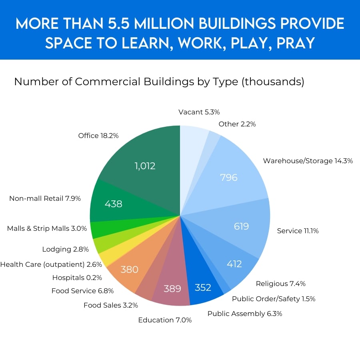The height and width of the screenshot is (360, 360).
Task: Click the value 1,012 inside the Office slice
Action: pos(145,166)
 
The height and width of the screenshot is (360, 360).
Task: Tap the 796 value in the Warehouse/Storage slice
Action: pos(229,177)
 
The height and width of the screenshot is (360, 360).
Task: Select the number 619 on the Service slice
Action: pos(241,226)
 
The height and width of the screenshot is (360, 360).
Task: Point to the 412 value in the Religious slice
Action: pos(234,264)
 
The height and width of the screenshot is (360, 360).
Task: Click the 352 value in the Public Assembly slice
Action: pos(203,288)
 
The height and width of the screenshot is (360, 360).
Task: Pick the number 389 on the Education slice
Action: pos(172,288)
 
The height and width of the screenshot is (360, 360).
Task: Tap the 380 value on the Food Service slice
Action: pos(129,270)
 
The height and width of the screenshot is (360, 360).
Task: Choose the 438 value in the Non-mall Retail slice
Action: pos(113,204)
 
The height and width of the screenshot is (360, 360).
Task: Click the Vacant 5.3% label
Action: pos(199,112)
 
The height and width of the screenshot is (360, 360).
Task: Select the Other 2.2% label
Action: pos(237,124)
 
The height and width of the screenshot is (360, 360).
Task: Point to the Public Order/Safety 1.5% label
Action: pos(274,298)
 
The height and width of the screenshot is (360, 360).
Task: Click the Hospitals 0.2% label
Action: pos(77,277)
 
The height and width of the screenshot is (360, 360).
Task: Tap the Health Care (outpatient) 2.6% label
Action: pos(51,264)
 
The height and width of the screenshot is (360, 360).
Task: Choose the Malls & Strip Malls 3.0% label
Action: pos(47,228)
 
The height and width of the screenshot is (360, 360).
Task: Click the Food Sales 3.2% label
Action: pos(111,305)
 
